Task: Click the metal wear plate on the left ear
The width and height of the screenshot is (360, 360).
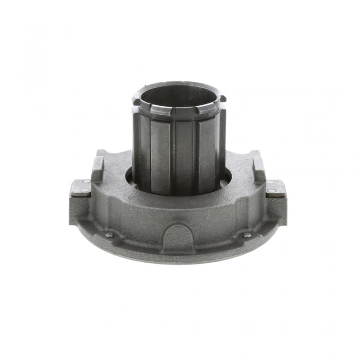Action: coord(81,188)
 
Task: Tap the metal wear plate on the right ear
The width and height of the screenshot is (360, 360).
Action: coord(275,188)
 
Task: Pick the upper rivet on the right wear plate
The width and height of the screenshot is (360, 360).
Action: coord(270,182)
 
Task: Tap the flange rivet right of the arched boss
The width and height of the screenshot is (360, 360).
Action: coord(247,235)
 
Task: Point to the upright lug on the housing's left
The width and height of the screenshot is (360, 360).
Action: coord(98,168)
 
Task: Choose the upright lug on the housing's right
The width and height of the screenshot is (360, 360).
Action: coord(259,168)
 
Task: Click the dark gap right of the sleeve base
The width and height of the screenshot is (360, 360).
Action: coord(228,176)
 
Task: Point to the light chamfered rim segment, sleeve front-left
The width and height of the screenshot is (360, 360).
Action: coord(158,111)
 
